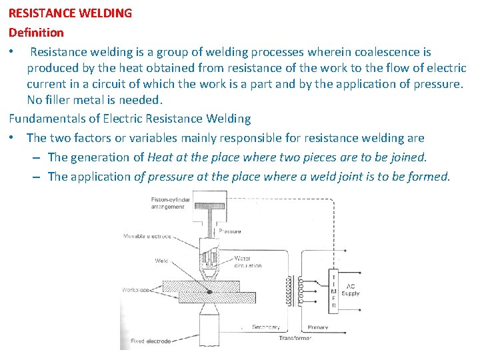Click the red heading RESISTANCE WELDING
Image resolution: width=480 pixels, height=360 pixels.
point(70,13)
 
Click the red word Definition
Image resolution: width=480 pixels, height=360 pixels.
point(36,32)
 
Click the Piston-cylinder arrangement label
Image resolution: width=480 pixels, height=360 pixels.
point(171,203)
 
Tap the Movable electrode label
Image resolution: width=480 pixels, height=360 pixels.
point(147,236)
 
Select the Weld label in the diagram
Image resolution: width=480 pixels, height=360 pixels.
point(161,261)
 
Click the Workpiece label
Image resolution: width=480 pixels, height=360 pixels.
point(135,290)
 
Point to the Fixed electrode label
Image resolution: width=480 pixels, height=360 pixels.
point(151,341)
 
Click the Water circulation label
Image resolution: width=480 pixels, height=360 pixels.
point(247,262)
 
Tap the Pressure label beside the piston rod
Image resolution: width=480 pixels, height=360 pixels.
point(230,231)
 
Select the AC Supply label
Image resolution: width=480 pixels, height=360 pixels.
point(350,290)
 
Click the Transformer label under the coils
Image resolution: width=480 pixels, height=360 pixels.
point(295,338)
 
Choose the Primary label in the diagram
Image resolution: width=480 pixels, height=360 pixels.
point(317,327)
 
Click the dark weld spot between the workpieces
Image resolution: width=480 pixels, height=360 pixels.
point(210,291)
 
